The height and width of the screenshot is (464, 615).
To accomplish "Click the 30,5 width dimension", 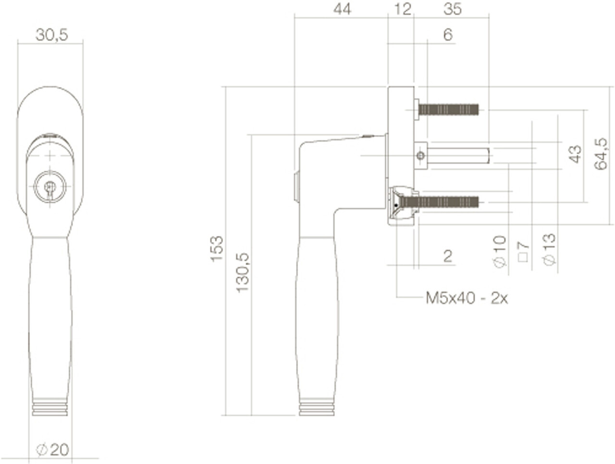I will (51, 35).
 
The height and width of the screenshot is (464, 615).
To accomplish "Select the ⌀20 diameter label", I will (53, 450).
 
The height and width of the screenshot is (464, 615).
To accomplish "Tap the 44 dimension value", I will (342, 9).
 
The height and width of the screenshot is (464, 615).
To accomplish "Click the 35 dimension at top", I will (452, 9).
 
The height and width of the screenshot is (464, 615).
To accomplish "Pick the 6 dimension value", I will (448, 35).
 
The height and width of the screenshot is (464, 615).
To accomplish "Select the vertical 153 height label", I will (217, 249).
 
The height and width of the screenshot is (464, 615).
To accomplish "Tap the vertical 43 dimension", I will (575, 154).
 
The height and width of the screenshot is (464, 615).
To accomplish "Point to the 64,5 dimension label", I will (601, 154).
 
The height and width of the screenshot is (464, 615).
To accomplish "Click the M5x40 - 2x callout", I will (467, 298).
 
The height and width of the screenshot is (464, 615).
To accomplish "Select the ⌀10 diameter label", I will (500, 251).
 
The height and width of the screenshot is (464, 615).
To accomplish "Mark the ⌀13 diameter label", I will (549, 249).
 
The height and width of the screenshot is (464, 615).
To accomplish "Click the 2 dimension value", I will (448, 256).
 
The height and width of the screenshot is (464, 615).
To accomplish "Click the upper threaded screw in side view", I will (448, 110).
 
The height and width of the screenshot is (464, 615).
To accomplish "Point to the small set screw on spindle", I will (421, 156).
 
